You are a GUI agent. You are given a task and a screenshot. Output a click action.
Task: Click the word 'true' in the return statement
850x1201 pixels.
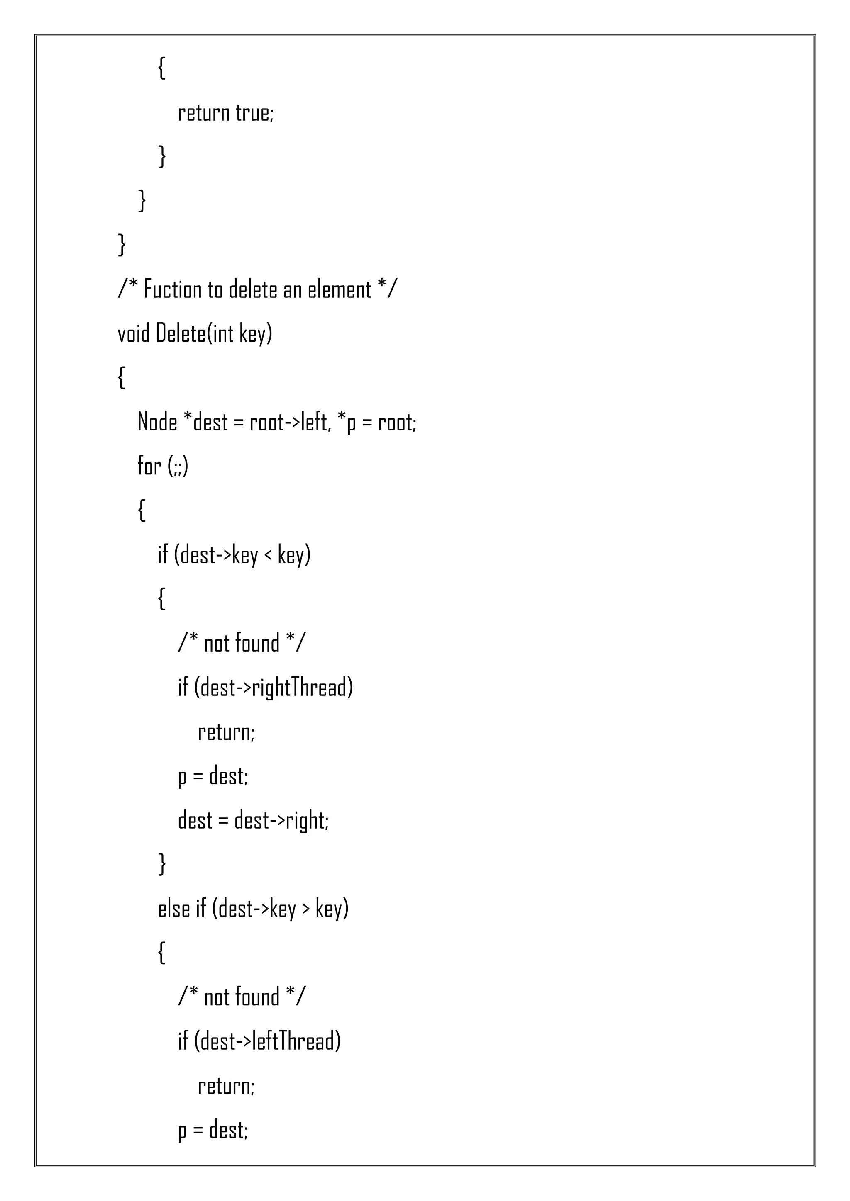[x=254, y=113]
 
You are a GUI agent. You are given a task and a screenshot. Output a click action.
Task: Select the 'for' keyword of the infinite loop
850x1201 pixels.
[x=149, y=466]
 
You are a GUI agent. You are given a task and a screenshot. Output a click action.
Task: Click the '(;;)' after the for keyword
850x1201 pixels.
[x=178, y=466]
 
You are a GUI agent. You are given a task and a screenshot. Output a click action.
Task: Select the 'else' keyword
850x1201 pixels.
[x=174, y=909]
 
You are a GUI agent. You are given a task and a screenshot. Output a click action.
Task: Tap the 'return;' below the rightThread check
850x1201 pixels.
[x=226, y=732]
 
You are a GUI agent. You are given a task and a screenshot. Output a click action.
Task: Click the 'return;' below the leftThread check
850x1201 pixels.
[x=226, y=1086]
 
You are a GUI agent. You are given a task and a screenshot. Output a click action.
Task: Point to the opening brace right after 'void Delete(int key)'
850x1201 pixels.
[x=122, y=378]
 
